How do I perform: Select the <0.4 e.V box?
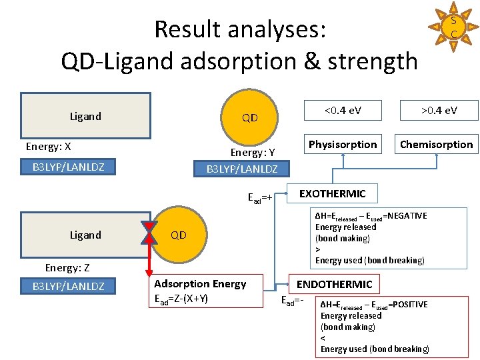pyautogui.click(x=343, y=110)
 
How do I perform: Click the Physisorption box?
pyautogui.click(x=343, y=145)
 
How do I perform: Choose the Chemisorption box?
pyautogui.click(x=436, y=145)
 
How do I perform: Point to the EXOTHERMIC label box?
pyautogui.click(x=332, y=194)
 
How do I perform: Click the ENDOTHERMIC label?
pyautogui.click(x=334, y=285)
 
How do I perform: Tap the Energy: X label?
pyautogui.click(x=48, y=147)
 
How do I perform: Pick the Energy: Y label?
pyautogui.click(x=253, y=153)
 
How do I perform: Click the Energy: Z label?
pyautogui.click(x=67, y=268)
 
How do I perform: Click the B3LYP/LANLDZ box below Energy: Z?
pyautogui.click(x=68, y=287)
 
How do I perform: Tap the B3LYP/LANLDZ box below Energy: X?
pyautogui.click(x=68, y=167)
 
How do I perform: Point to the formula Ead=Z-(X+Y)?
pyautogui.click(x=181, y=298)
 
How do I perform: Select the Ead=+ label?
pyautogui.click(x=260, y=198)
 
